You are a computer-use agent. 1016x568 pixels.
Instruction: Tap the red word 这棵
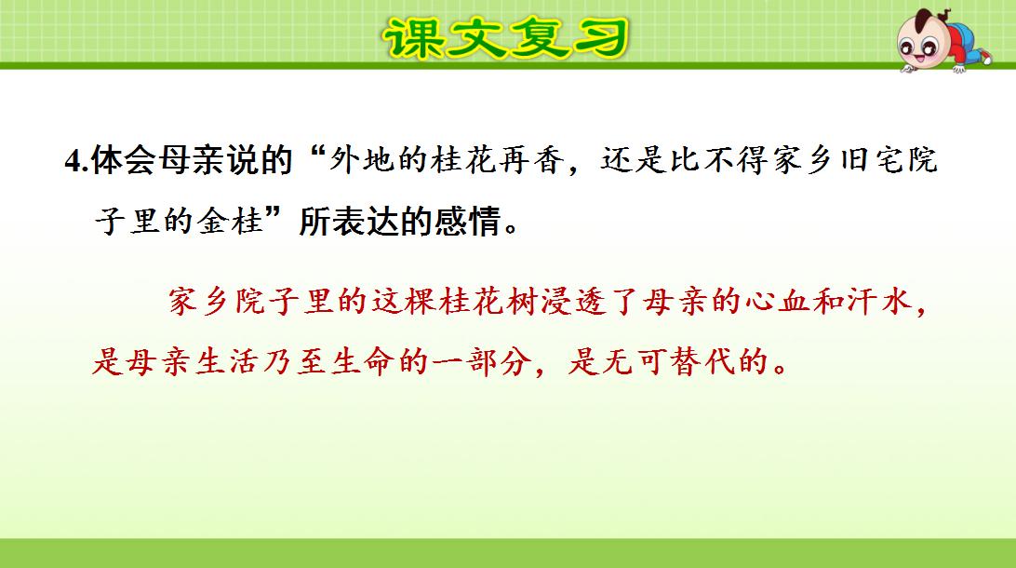click(x=414, y=301)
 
